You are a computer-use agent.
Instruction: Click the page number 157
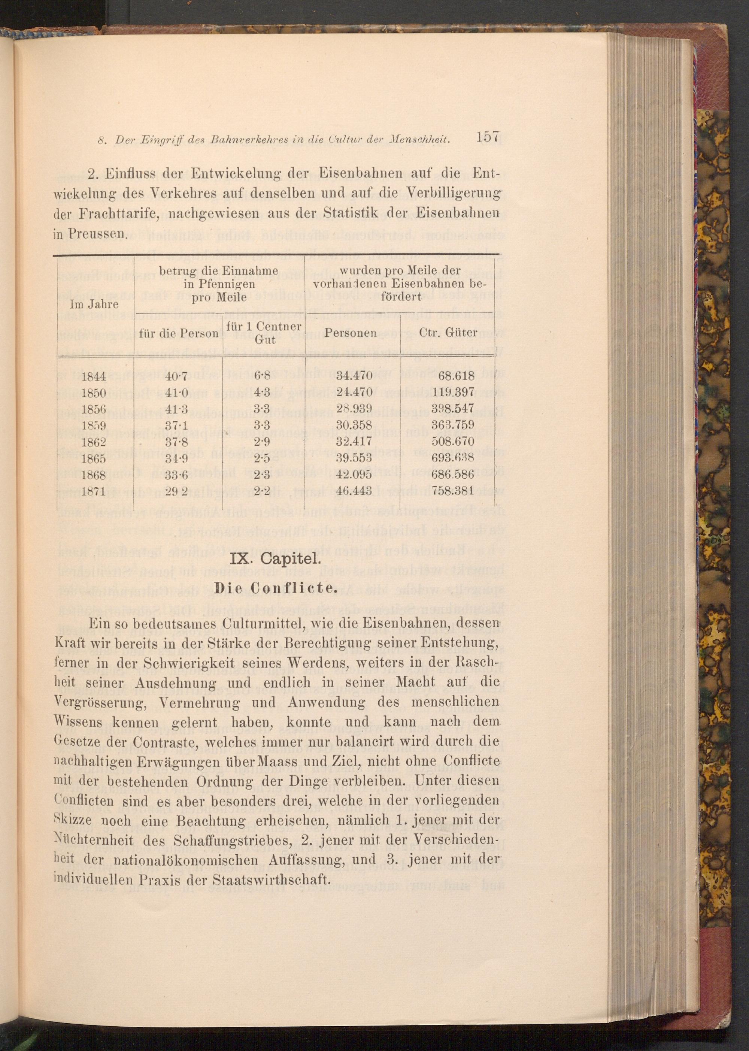[x=483, y=137]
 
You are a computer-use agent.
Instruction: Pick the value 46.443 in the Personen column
[x=354, y=491]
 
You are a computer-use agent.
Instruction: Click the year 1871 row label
[x=94, y=491]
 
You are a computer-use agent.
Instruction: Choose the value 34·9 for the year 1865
[x=177, y=458]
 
